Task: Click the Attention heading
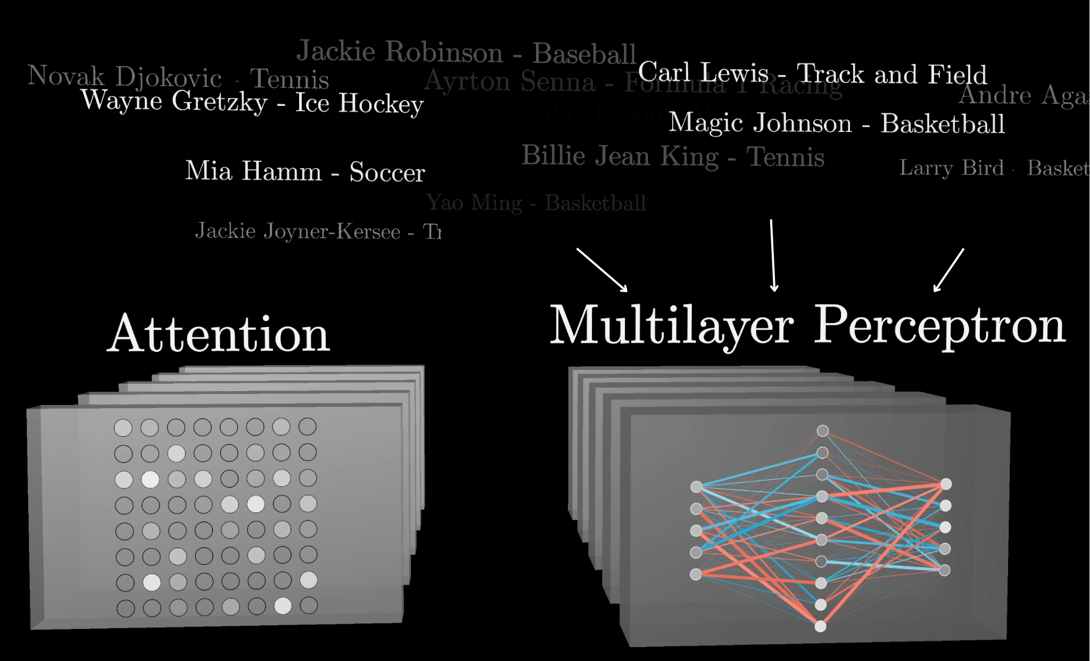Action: pyautogui.click(x=219, y=334)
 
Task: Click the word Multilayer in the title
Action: pyautogui.click(x=672, y=326)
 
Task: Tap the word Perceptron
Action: pyautogui.click(x=940, y=326)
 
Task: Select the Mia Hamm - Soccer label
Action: pyautogui.click(x=305, y=171)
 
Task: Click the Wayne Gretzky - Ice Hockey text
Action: pyautogui.click(x=252, y=102)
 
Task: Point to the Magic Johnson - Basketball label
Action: pyautogui.click(x=837, y=123)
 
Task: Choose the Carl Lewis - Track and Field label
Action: pyautogui.click(x=812, y=73)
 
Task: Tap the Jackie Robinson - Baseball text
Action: pyautogui.click(x=466, y=53)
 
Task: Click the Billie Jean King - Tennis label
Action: pyautogui.click(x=673, y=156)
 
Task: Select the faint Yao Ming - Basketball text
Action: pyautogui.click(x=535, y=203)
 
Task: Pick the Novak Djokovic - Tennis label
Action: pyautogui.click(x=178, y=78)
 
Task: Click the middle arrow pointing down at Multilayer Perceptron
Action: pyautogui.click(x=773, y=255)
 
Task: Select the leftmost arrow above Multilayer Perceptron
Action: pyautogui.click(x=602, y=270)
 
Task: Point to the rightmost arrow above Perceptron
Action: pyautogui.click(x=949, y=270)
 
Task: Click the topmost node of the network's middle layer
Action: pyautogui.click(x=823, y=431)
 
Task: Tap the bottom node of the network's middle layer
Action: pyautogui.click(x=821, y=626)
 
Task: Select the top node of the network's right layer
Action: pyautogui.click(x=946, y=484)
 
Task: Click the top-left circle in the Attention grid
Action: pyautogui.click(x=123, y=427)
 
